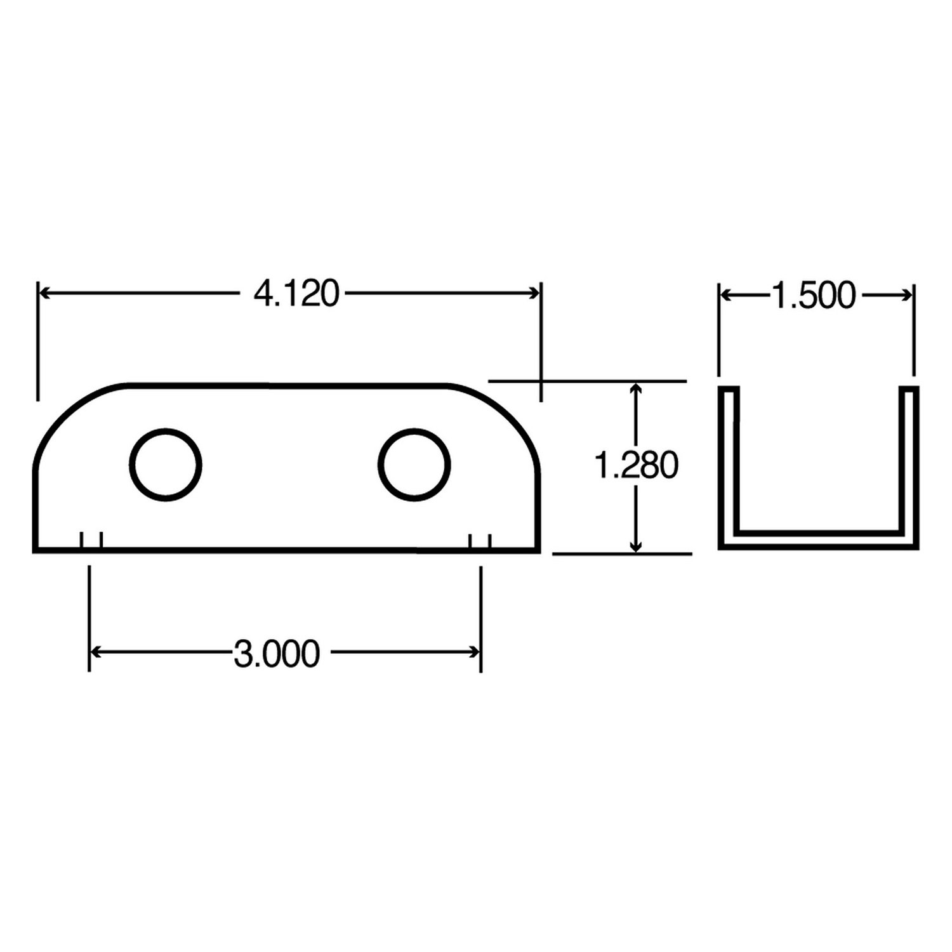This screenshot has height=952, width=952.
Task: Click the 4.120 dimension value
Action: tap(296, 294)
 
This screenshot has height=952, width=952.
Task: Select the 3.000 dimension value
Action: tap(277, 654)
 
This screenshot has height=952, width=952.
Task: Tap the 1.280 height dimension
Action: tap(636, 466)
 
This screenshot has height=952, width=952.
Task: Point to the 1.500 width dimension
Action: tap(814, 296)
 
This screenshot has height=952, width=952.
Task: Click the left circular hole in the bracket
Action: tap(166, 465)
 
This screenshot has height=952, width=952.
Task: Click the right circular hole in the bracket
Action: tap(414, 465)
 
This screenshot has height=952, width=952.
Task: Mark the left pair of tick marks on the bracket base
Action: tap(91, 541)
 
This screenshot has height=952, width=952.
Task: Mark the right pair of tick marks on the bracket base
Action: tap(480, 541)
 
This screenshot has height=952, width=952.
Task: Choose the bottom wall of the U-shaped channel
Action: tap(819, 539)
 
